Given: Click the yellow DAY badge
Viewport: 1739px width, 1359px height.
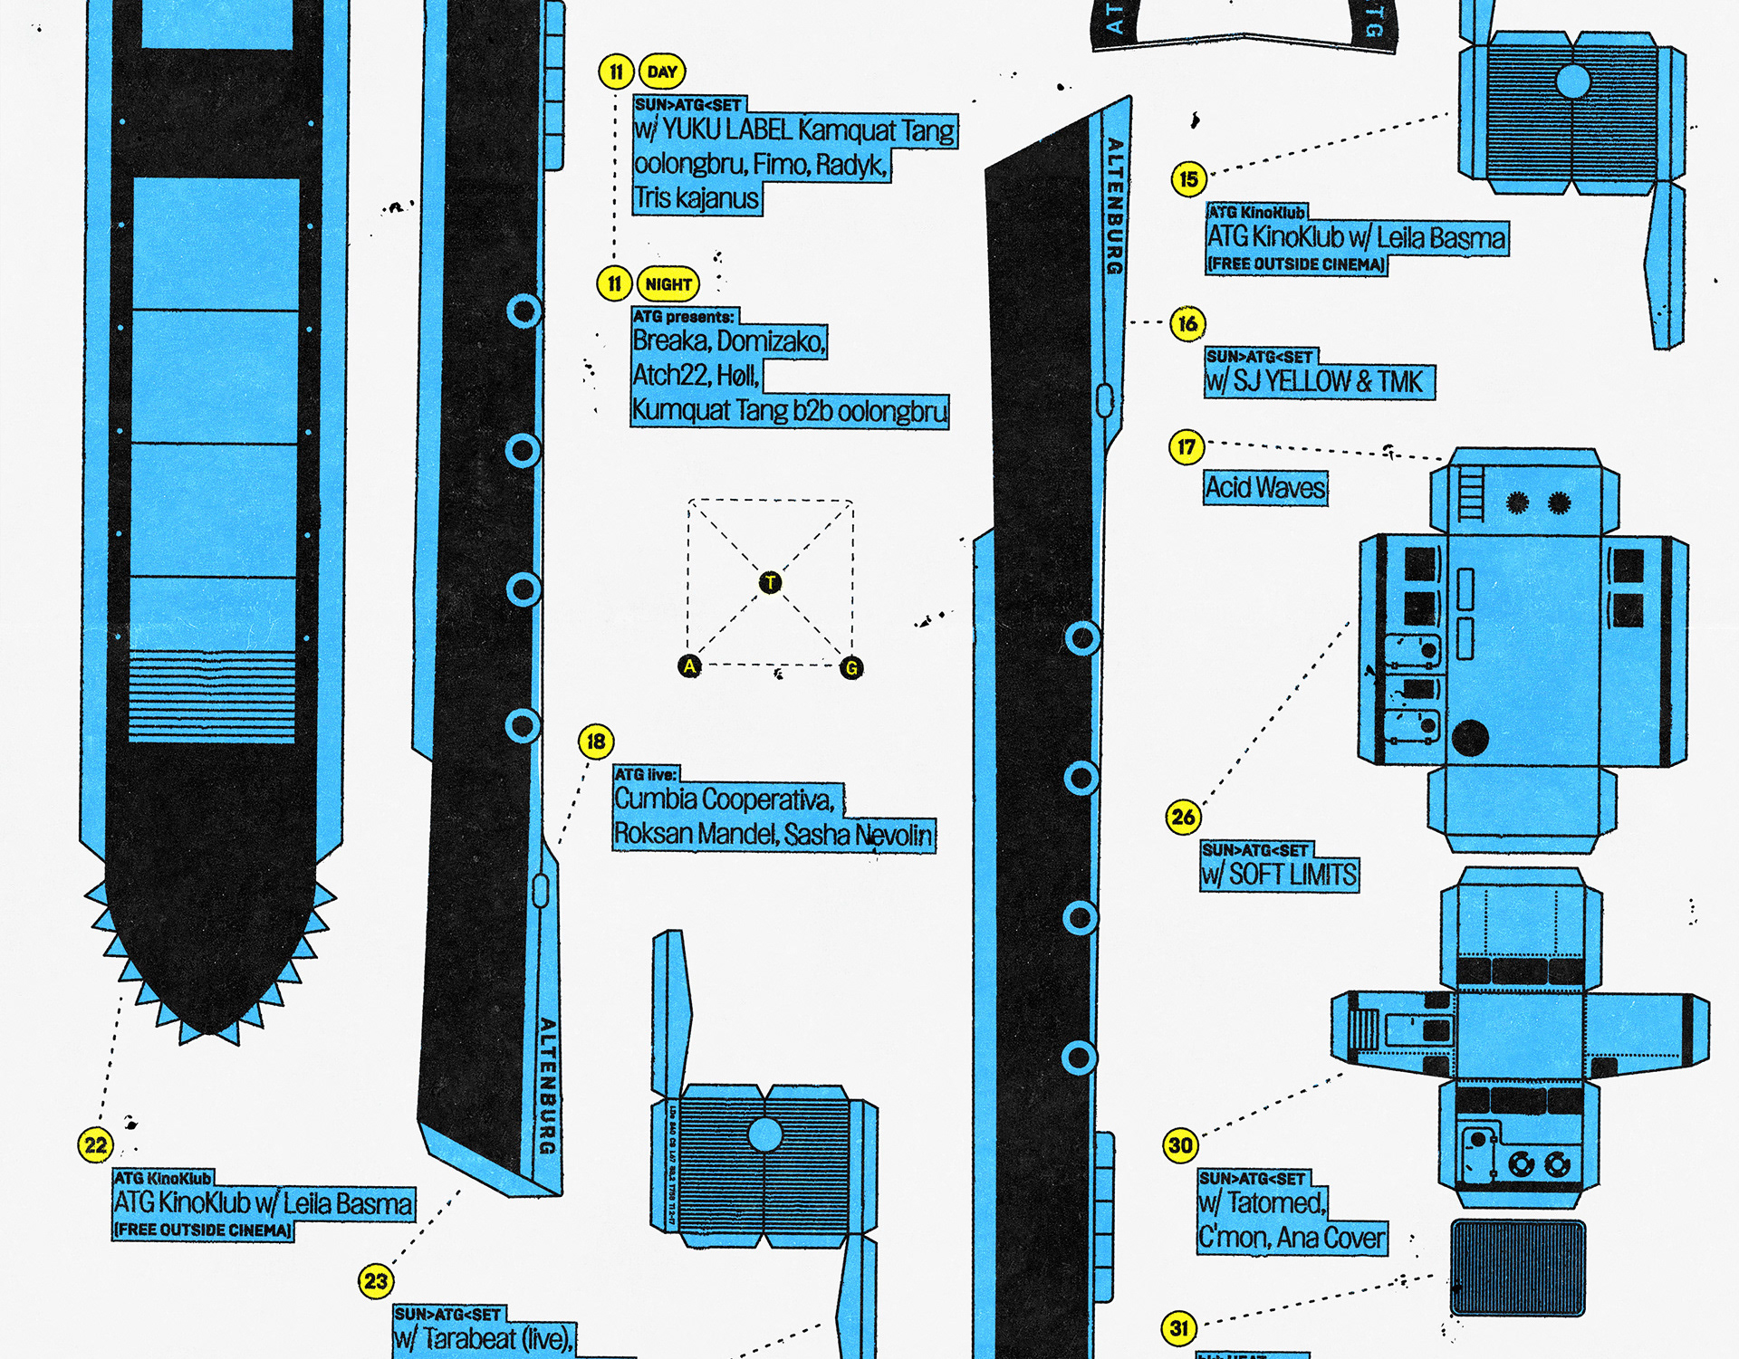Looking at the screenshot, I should [662, 72].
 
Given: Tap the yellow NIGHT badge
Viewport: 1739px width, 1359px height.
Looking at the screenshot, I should [668, 284].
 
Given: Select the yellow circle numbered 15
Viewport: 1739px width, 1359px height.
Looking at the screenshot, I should [1188, 179].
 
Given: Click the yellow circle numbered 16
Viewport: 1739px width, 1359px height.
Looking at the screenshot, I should [1187, 323].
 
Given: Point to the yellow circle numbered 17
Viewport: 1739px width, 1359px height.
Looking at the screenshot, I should [1186, 446].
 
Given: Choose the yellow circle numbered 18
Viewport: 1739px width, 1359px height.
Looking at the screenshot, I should [595, 742].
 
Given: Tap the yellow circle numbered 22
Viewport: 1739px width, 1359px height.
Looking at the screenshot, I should [95, 1145].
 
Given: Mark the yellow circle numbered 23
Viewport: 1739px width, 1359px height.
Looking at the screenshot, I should [375, 1281].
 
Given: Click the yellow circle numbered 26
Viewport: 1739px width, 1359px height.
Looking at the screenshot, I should [1183, 817].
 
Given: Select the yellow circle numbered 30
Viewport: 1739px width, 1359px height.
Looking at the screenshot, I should [1180, 1145].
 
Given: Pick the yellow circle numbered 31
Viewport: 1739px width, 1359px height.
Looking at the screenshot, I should [1178, 1328].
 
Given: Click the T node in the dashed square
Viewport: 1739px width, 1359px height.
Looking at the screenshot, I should [770, 582].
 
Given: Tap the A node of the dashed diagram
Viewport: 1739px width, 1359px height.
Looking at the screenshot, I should [689, 666].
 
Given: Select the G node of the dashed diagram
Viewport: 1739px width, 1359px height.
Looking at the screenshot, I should [851, 668].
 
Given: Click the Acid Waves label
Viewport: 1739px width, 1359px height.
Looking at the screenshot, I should [1264, 488].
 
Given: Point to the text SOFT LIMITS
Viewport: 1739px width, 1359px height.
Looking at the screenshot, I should [1292, 875].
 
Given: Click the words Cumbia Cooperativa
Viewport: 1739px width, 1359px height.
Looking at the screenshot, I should [723, 799].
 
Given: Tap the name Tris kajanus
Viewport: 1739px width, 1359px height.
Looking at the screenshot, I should [696, 198].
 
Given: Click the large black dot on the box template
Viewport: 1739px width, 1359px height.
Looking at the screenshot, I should [1470, 738].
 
